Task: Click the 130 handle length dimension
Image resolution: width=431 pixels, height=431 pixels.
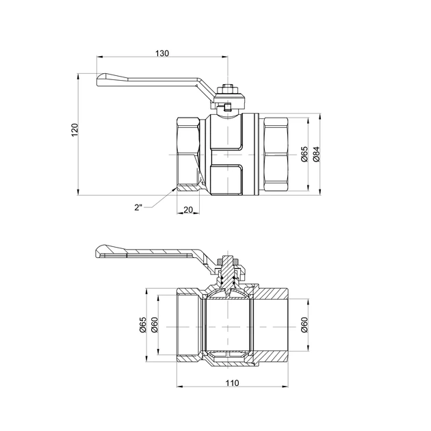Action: click(162, 53)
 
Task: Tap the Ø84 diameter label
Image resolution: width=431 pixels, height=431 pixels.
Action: click(315, 155)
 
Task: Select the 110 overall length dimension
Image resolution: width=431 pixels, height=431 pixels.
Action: click(234, 383)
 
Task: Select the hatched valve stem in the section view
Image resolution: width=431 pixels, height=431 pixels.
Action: click(228, 277)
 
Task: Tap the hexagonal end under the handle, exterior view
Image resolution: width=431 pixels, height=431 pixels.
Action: click(186, 155)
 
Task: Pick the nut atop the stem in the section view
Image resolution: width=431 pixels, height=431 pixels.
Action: click(228, 260)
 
